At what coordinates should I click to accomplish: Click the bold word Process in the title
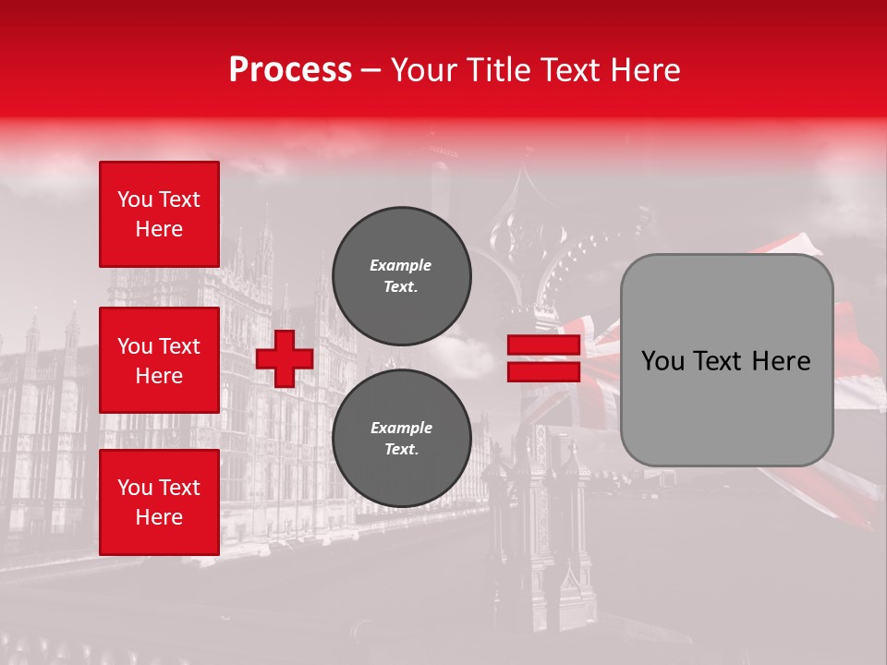(x=290, y=70)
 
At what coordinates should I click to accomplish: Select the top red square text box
(x=159, y=214)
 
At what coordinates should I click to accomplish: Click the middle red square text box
(x=159, y=360)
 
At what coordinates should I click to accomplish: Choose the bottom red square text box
(x=159, y=502)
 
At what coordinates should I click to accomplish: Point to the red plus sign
(x=285, y=358)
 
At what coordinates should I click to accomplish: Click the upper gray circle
(x=401, y=275)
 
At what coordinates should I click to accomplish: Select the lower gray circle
(x=401, y=438)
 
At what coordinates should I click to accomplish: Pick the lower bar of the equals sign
(x=543, y=371)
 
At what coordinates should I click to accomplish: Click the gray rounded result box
(x=726, y=360)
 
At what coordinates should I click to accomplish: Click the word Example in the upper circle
(x=400, y=265)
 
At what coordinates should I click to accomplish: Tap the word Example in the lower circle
(x=401, y=428)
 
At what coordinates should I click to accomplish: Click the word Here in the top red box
(x=159, y=229)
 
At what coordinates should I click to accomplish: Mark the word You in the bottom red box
(x=135, y=488)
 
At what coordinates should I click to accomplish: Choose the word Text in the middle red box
(x=179, y=346)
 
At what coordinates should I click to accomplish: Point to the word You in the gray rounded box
(x=662, y=361)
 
